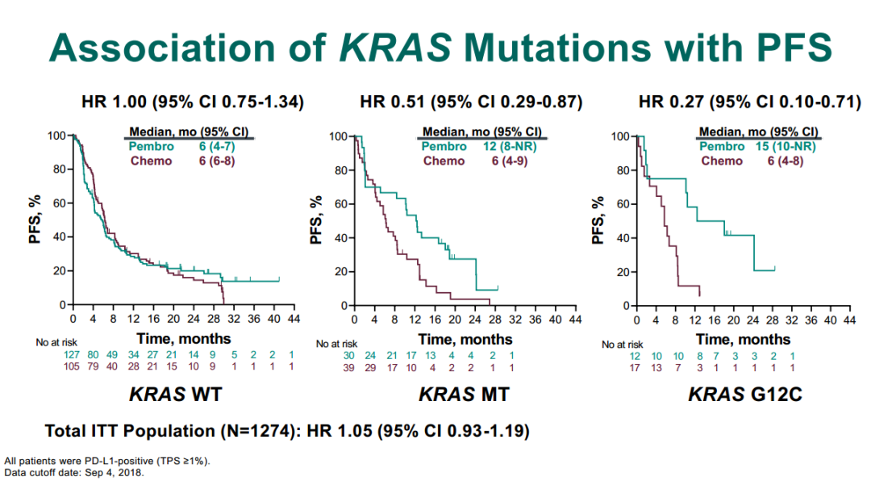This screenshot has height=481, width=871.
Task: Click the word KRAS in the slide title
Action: coord(395,47)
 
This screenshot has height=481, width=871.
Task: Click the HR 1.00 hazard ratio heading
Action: coord(193,102)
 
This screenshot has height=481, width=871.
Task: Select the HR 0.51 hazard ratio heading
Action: coord(471,102)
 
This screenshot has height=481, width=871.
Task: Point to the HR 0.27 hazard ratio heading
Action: coord(750,102)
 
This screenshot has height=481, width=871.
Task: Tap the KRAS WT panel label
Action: coord(176,395)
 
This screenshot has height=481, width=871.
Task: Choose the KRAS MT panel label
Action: coord(464,395)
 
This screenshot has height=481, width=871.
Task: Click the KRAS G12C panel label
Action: coord(745,395)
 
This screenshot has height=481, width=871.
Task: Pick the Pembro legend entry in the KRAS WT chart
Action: coord(151,146)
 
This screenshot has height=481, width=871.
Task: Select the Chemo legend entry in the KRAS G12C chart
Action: coord(722,161)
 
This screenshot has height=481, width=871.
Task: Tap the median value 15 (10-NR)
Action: coord(786,146)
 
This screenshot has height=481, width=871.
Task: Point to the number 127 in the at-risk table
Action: coord(71,355)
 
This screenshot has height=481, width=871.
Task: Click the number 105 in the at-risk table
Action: coord(71,366)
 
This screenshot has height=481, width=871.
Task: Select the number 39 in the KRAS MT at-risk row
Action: coord(348,367)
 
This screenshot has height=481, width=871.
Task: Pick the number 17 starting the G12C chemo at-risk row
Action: coord(635,367)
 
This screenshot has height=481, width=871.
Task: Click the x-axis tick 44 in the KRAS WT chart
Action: coord(294,319)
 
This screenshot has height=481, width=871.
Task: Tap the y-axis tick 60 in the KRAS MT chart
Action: coord(341,204)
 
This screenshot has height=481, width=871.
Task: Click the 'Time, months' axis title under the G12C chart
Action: coord(744,339)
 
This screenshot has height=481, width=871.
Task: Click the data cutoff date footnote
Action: coord(74,473)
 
